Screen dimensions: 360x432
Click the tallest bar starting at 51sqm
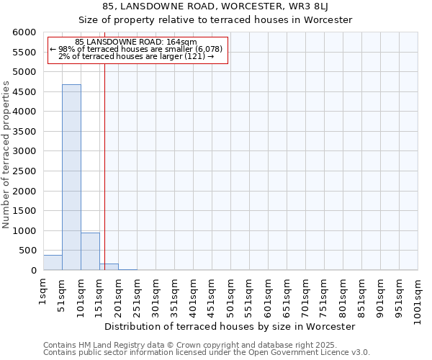click(x=71, y=177)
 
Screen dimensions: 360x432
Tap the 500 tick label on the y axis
click(x=27, y=251)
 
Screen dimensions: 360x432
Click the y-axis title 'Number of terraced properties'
click(x=6, y=155)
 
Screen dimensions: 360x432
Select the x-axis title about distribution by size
click(x=230, y=327)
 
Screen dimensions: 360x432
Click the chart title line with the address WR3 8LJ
click(x=215, y=6)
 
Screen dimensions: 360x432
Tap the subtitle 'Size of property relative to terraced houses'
click(x=215, y=20)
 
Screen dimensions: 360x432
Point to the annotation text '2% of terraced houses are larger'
click(x=136, y=56)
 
